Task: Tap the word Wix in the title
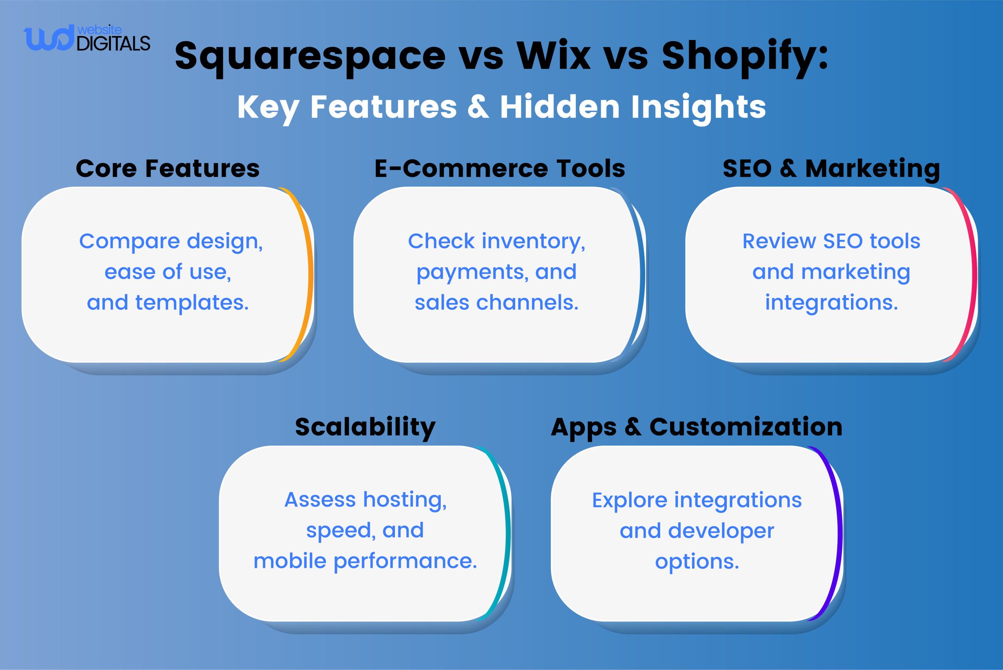(x=554, y=56)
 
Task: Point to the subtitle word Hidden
(x=559, y=107)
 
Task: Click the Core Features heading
(x=168, y=168)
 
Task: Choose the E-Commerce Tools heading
(x=500, y=168)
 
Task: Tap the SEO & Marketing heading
(x=831, y=168)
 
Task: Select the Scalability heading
(x=365, y=427)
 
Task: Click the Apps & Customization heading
(x=697, y=427)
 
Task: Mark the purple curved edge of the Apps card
(x=839, y=532)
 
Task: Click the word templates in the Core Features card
(x=192, y=303)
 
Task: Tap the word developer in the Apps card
(x=721, y=531)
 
